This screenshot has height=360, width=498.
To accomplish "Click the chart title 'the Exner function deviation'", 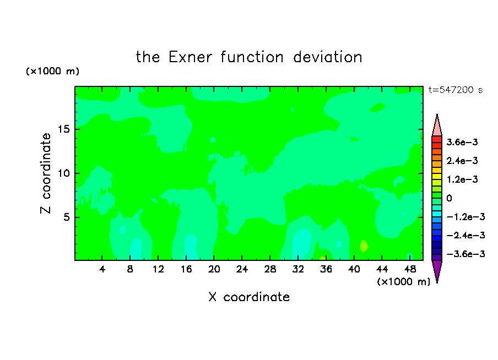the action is (249, 57).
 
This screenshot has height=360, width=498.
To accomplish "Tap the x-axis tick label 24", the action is (242, 269).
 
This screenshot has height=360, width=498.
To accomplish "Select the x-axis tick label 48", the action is (410, 269).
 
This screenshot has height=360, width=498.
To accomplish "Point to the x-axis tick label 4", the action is (102, 269).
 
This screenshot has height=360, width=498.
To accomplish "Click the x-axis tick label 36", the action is (326, 269).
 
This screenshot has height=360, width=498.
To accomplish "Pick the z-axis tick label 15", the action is (64, 129).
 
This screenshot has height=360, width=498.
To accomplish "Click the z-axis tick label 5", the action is (67, 217).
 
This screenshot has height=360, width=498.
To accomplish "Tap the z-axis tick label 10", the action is (64, 173).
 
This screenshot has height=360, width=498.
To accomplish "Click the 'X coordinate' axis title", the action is (249, 297).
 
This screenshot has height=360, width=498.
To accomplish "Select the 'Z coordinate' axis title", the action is (46, 173).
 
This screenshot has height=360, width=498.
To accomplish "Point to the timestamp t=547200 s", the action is (456, 90).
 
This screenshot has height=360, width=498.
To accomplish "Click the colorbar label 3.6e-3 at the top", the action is (462, 142).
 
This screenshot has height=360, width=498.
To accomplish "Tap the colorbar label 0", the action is (449, 198).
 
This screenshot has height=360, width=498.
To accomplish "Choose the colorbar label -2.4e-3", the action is (465, 235).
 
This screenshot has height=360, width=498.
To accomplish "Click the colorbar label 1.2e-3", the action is (462, 179).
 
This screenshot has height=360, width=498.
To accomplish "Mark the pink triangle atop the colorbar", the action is (437, 126).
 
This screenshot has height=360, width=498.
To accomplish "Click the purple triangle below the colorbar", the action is (437, 270).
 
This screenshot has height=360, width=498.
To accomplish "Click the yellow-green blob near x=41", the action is (364, 246).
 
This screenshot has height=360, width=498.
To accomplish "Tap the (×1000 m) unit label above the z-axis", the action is (52, 71).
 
